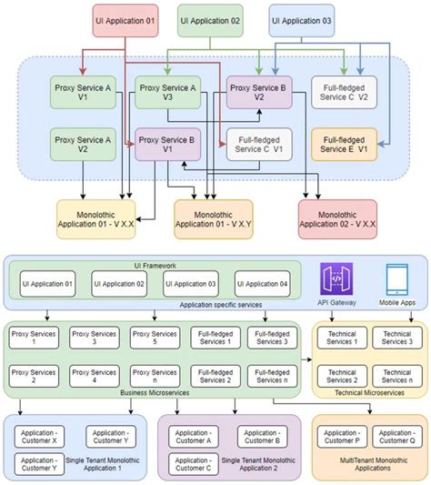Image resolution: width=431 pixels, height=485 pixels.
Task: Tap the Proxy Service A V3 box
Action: [x=167, y=94]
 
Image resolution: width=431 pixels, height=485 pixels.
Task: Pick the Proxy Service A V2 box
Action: [x=83, y=144]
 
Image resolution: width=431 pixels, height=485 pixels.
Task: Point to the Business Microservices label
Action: [x=154, y=392]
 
